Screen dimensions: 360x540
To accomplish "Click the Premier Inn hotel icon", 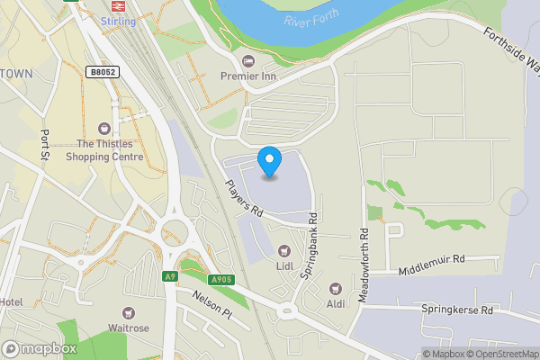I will (x=248, y=60).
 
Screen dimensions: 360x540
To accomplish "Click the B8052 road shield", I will (x=102, y=72).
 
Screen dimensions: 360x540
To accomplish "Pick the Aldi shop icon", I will (x=336, y=288).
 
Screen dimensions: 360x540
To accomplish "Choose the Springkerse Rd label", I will (x=457, y=310).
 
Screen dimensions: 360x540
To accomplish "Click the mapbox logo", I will (x=40, y=348).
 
